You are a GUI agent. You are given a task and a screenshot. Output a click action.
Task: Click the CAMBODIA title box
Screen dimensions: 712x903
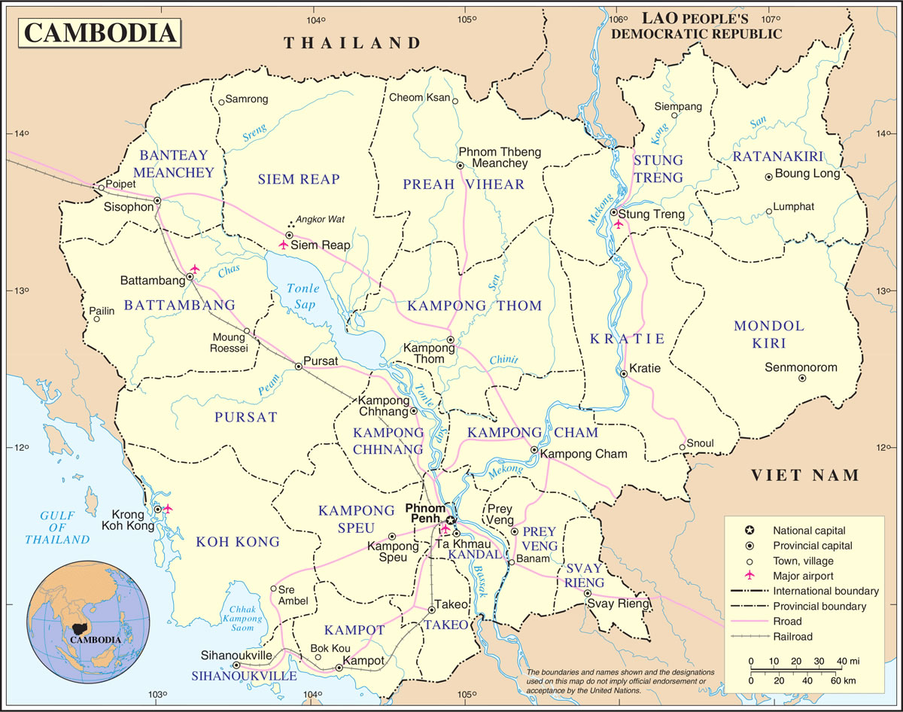[x=99, y=32]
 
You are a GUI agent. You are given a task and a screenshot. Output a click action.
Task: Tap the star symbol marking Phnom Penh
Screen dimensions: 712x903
[x=450, y=520]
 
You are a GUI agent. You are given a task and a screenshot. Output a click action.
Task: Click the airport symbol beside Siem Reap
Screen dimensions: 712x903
[x=284, y=245]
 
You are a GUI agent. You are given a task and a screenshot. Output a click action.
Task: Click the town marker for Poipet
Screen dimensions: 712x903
[x=100, y=188]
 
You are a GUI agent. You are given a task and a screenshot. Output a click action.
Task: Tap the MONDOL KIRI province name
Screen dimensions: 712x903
[x=769, y=334]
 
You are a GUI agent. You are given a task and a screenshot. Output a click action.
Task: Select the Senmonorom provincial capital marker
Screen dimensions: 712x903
[x=802, y=379]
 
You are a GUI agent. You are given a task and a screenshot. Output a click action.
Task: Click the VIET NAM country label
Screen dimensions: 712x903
[x=805, y=475]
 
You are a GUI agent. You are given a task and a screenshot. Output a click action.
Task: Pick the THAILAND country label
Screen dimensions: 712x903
[x=351, y=43]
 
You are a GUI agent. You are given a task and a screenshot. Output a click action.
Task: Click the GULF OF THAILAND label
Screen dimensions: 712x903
[x=57, y=527]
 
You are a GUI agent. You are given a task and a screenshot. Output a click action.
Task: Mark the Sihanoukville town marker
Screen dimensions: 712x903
[x=236, y=665]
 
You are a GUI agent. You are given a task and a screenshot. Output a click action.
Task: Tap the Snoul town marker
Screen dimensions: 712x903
[x=683, y=448]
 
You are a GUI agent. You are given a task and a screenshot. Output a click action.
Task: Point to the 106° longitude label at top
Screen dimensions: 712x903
[x=619, y=19]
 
